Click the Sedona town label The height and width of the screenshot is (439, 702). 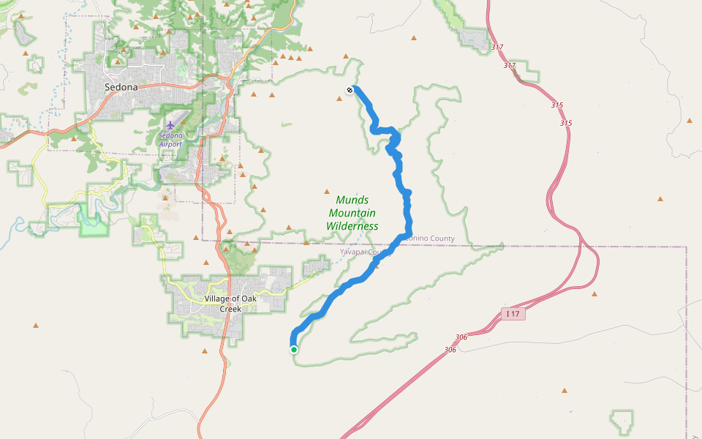[121, 86]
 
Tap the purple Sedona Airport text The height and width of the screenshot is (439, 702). [170, 139]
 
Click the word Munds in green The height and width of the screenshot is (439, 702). [352, 200]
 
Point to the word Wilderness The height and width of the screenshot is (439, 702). [352, 226]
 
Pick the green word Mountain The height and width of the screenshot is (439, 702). [352, 213]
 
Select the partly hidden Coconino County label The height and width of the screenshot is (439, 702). [428, 239]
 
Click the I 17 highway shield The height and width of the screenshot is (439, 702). [513, 314]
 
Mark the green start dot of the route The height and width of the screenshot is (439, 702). [294, 350]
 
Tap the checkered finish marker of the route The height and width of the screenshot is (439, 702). [350, 90]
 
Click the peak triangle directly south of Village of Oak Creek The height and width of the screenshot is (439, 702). [205, 351]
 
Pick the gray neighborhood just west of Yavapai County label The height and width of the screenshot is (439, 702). [317, 266]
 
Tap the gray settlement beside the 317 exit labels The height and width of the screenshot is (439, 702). [474, 40]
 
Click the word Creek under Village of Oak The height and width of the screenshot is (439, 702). [230, 309]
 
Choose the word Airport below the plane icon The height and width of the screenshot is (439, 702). [170, 144]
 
